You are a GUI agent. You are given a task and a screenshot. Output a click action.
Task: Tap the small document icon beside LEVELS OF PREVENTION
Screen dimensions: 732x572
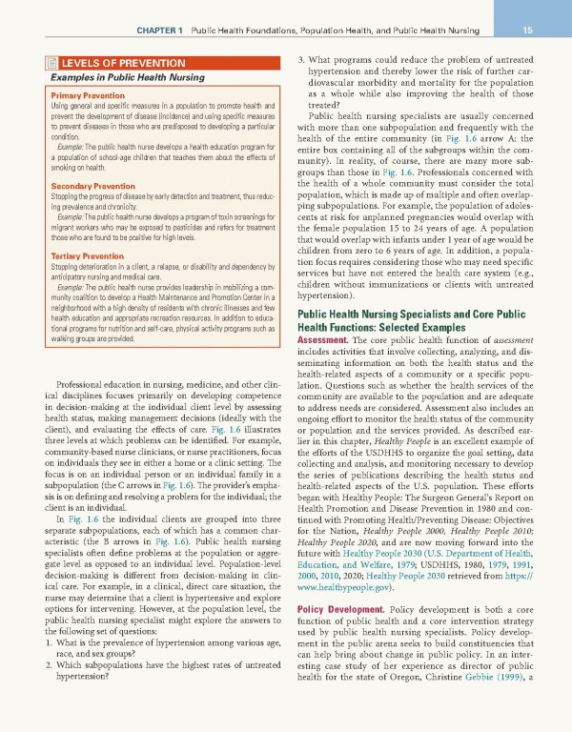35,63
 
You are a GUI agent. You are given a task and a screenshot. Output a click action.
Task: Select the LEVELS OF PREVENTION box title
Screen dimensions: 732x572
113,63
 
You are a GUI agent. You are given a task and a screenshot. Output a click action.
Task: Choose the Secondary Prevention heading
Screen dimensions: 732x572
79,185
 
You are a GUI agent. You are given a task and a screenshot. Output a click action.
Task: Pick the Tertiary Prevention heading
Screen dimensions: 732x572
72,256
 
